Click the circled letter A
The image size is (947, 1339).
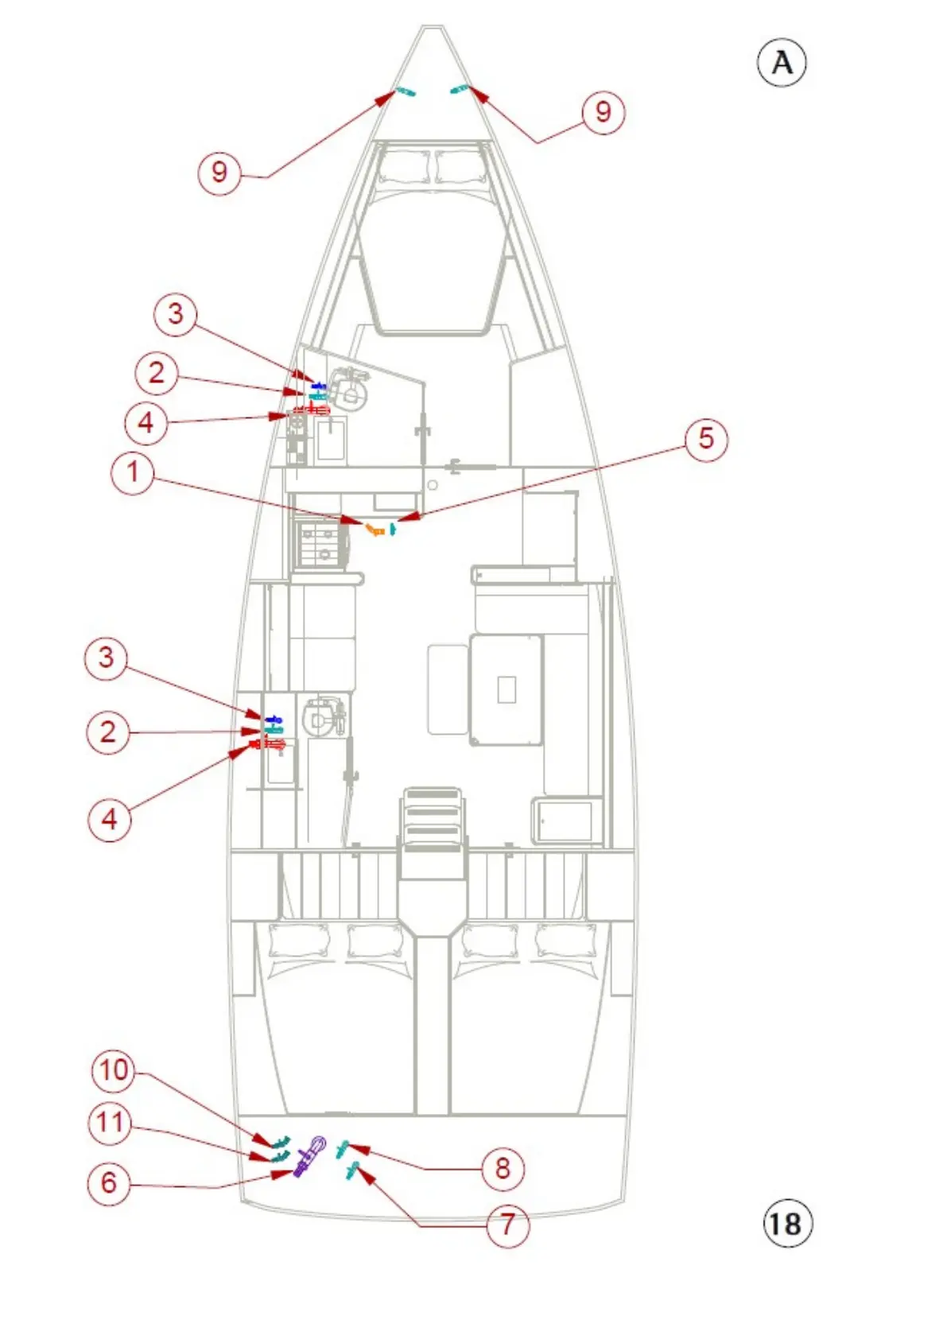pyautogui.click(x=781, y=63)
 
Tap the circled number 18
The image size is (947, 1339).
pyautogui.click(x=787, y=1223)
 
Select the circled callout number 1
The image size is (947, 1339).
pyautogui.click(x=133, y=472)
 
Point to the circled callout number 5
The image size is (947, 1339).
pyautogui.click(x=705, y=438)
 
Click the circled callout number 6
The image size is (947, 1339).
pyautogui.click(x=109, y=1182)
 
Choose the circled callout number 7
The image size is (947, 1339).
pyautogui.click(x=507, y=1225)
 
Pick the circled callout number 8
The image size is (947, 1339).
pyautogui.click(x=503, y=1168)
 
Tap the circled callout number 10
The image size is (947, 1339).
pyautogui.click(x=114, y=1070)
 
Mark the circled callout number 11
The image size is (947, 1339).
pyautogui.click(x=111, y=1123)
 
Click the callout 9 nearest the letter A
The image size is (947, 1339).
pyautogui.click(x=604, y=112)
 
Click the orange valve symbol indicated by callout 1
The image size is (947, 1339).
pyautogui.click(x=375, y=529)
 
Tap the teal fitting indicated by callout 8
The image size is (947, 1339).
pyautogui.click(x=343, y=1147)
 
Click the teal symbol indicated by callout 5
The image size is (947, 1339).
pyautogui.click(x=393, y=528)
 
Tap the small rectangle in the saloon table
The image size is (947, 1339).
pyautogui.click(x=506, y=689)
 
